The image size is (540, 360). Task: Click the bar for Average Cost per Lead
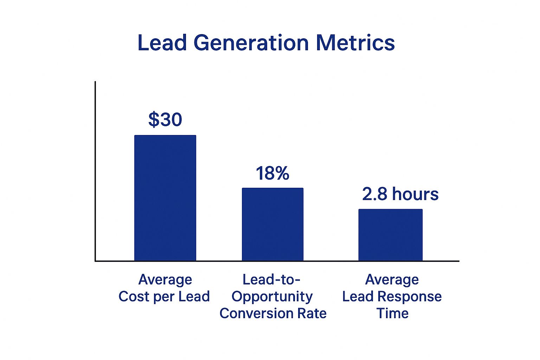tap(165, 198)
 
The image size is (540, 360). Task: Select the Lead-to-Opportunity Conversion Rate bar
tap(272, 224)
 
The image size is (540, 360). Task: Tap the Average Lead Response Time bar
tap(390, 235)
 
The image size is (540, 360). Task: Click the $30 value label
tap(165, 120)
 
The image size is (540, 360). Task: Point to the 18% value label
tap(272, 173)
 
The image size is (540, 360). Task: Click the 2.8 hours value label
tap(400, 194)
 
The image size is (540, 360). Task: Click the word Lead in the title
tap(162, 43)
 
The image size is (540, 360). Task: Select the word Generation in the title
tap(251, 43)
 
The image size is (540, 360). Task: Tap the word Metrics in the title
tap(355, 43)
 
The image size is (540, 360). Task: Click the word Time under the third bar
tap(392, 313)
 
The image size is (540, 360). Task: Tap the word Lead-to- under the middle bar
tap(271, 280)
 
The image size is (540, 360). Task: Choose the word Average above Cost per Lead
tap(165, 280)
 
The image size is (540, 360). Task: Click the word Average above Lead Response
tap(392, 280)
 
